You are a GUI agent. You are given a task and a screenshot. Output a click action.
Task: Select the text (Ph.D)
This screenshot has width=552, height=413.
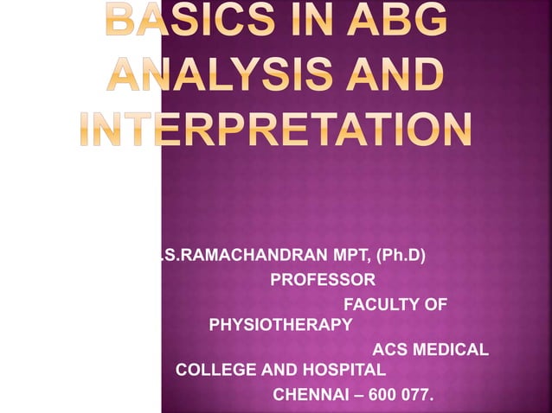(404, 255)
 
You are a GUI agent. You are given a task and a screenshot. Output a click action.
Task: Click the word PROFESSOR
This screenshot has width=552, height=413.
(323, 280)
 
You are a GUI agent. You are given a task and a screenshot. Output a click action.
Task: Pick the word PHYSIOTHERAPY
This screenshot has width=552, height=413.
(280, 325)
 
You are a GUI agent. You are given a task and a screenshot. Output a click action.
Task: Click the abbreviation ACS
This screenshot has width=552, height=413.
(388, 350)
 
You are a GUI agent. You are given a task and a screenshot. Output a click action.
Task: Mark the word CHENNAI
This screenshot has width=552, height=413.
(308, 396)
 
